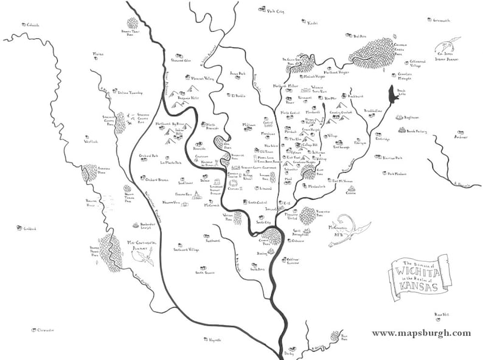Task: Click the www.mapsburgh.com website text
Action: (421, 333)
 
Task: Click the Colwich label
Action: (32, 25)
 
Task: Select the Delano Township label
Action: (128, 93)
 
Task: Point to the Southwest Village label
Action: (186, 249)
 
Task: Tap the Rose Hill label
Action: (441, 315)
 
